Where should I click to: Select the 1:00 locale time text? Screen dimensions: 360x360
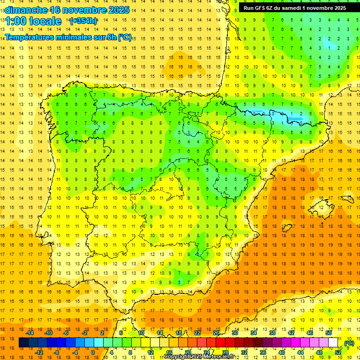click(34, 21)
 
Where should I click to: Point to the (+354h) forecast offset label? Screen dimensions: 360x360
click(83, 21)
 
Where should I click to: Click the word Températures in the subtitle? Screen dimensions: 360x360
click(30, 37)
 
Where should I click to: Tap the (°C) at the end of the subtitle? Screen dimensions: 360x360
click(125, 37)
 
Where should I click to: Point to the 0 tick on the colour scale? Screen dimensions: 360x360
click(93, 352)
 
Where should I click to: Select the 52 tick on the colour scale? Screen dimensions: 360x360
click(338, 352)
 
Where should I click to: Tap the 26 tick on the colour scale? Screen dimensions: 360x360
click(216, 333)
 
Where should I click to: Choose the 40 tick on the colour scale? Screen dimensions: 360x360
click(282, 352)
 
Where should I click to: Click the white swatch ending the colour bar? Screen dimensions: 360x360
click(333, 343)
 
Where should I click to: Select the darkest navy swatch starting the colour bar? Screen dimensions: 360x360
click(23, 343)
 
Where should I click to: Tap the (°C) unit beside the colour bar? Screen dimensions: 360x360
click(349, 343)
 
